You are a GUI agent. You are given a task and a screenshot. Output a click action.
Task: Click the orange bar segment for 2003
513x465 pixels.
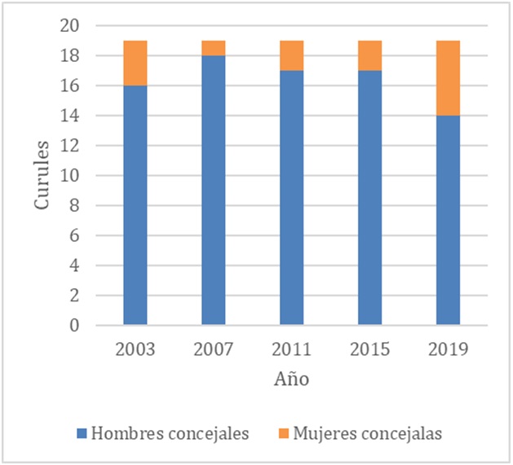click(135, 63)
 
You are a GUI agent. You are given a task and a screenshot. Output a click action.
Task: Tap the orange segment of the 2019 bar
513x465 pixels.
click(448, 77)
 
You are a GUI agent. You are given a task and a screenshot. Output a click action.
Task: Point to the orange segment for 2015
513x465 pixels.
click(369, 55)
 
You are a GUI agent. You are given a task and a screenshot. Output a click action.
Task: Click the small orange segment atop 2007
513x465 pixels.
click(213, 48)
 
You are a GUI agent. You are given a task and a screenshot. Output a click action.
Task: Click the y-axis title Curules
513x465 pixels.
click(43, 176)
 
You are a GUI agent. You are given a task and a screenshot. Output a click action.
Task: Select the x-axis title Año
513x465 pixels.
click(291, 379)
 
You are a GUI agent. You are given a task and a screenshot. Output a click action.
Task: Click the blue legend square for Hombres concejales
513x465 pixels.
click(82, 434)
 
